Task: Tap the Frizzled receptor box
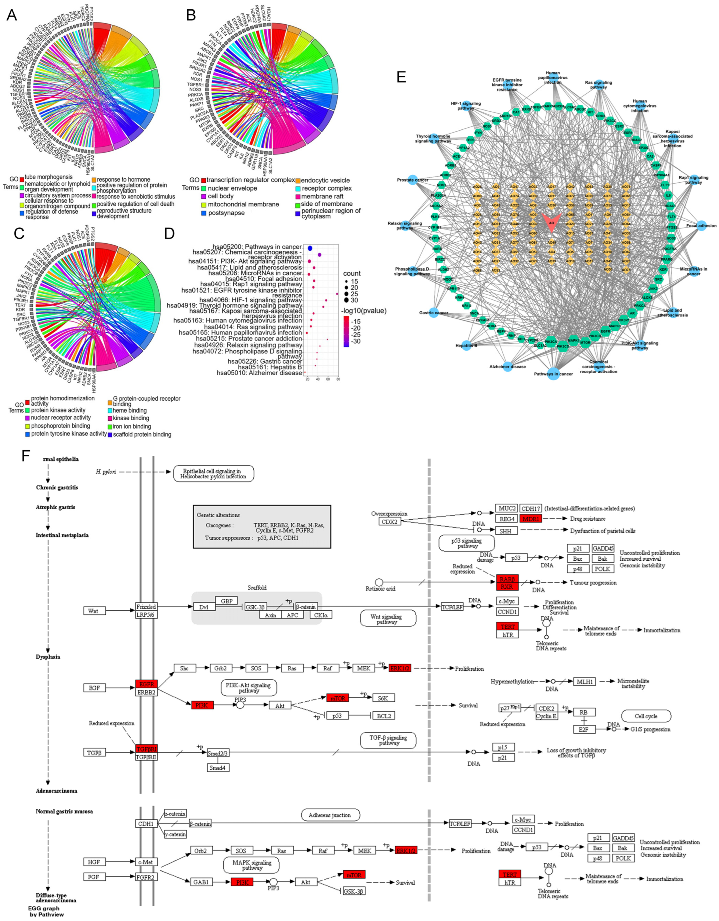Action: coord(146,606)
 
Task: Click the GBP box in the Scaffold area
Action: coord(227,601)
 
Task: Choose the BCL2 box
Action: coord(384,716)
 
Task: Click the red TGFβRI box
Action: coord(146,749)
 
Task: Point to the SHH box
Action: coord(505,531)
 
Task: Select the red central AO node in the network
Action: coord(551,222)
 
